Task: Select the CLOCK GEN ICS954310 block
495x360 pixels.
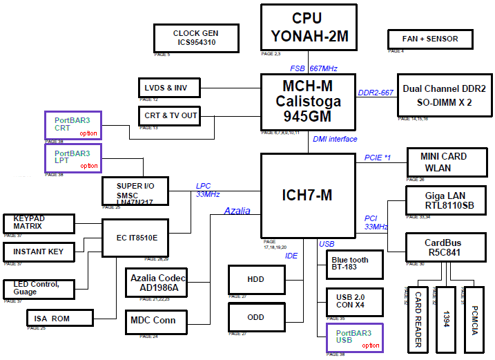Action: coord(196,37)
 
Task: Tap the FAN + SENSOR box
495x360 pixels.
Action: coord(430,39)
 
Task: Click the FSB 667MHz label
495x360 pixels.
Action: coord(313,68)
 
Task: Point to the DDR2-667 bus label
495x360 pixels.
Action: coord(376,93)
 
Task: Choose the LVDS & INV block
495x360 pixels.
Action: coord(168,87)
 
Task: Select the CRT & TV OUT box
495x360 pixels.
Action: coord(169,115)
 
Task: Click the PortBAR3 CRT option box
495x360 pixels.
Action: coord(73,125)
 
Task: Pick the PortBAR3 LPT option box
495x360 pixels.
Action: coord(73,158)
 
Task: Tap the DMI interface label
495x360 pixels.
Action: coord(335,139)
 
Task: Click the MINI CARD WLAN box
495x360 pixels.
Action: coord(443,162)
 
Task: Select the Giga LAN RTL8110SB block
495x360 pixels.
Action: coord(449,200)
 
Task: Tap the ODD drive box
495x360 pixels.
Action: coord(255,316)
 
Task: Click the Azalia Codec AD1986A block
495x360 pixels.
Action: coord(157,283)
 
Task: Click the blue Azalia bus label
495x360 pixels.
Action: coord(237,211)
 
